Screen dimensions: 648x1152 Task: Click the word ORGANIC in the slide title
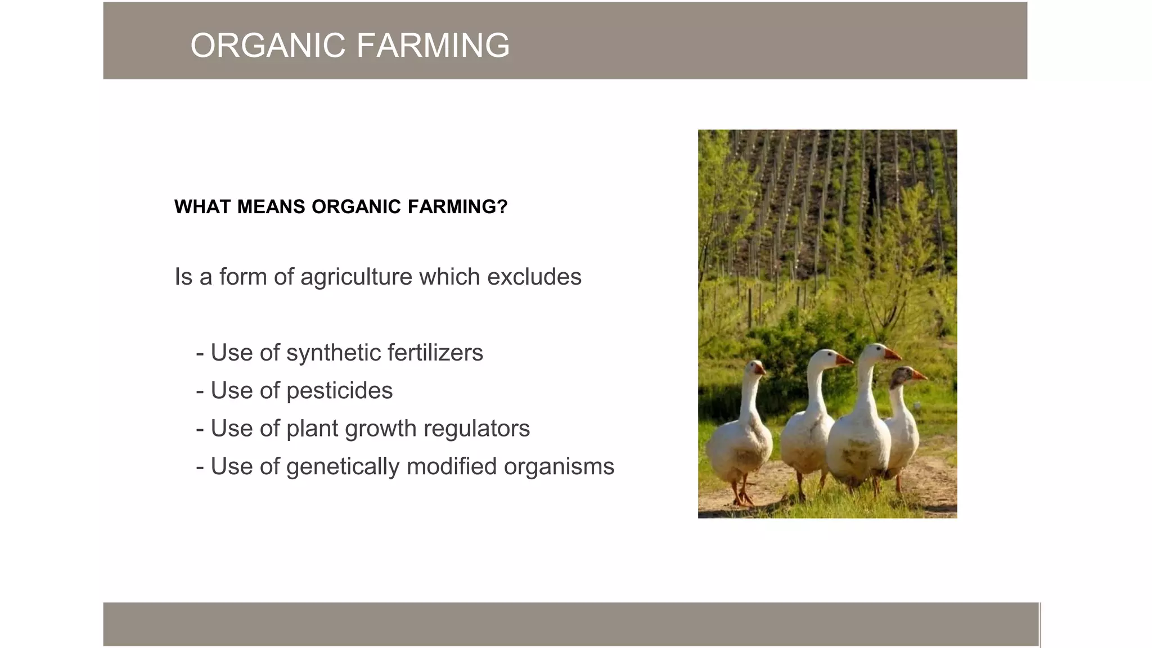267,46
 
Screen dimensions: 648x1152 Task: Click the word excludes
534,277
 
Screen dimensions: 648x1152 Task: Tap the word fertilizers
435,353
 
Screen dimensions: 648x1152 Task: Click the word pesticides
339,391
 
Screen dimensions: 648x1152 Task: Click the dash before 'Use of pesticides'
200,391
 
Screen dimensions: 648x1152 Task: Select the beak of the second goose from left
843,359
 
